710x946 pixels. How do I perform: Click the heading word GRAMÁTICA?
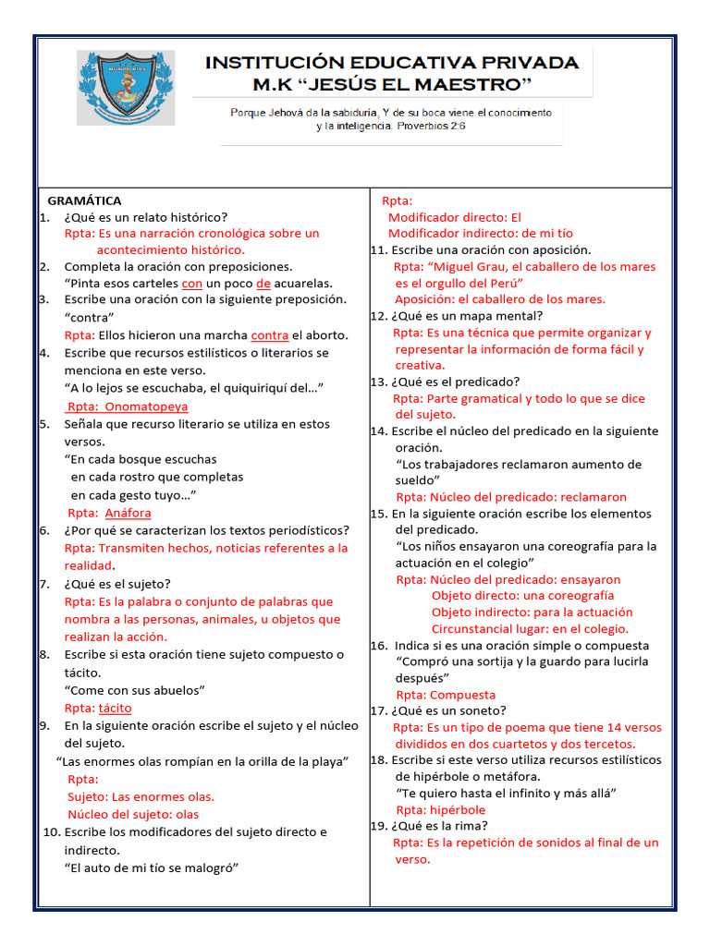pyautogui.click(x=85, y=200)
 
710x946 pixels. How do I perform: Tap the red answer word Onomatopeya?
pyautogui.click(x=146, y=406)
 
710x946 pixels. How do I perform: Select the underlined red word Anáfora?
pyautogui.click(x=128, y=513)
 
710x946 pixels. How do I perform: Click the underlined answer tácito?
pyautogui.click(x=115, y=708)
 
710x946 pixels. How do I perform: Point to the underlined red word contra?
pyautogui.click(x=270, y=335)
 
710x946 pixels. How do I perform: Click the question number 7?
pyautogui.click(x=43, y=584)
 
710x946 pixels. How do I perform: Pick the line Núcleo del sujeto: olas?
pyautogui.click(x=133, y=815)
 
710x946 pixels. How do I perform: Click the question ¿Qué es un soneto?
pyautogui.click(x=448, y=710)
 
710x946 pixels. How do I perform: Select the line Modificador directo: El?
pyautogui.click(x=455, y=217)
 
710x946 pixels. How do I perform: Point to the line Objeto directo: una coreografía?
pyautogui.click(x=522, y=596)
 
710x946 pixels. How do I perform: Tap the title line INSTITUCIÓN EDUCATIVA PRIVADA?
pyautogui.click(x=392, y=63)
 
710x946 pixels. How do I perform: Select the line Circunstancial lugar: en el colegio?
pyautogui.click(x=530, y=629)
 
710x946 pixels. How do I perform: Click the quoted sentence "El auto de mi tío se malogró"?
pyautogui.click(x=153, y=867)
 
